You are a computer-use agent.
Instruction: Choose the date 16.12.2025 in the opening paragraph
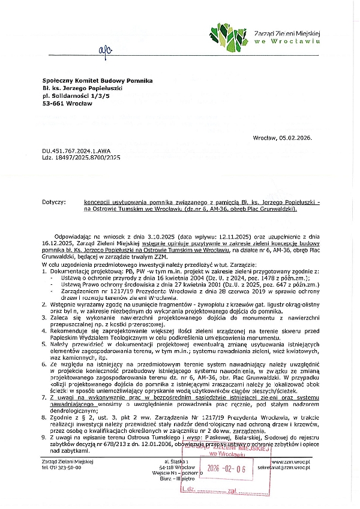pos(55,244)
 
